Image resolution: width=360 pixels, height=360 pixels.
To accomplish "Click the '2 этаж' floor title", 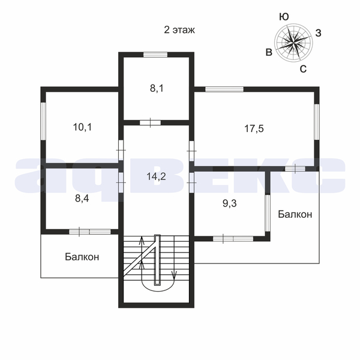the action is point(179,30).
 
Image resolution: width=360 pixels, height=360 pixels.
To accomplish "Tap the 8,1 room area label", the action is point(157,88).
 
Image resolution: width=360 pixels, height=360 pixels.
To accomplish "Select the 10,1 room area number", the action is point(82,127).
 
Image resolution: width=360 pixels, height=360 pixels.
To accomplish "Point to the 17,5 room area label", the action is point(254,128).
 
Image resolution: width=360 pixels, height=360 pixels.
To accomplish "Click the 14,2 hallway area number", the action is point(157,176).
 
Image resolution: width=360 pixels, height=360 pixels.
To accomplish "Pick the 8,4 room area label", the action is point(82,199).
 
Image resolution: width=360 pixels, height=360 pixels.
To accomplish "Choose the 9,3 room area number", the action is point(230,203).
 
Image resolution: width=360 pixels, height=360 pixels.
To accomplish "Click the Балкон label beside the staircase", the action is point(82,257).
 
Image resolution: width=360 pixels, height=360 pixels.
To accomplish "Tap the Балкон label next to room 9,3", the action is point(295,214).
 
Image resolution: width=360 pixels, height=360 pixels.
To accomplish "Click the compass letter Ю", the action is point(284,17).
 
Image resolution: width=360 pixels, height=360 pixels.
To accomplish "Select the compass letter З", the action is point(318,33).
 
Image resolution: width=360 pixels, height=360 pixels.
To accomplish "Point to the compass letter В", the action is point(269,52).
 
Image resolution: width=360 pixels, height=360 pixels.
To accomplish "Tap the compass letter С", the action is point(303,68).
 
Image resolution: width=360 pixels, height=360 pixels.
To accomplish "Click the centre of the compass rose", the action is point(293,43).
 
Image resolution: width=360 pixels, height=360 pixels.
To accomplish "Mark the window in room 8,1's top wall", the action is point(155,55).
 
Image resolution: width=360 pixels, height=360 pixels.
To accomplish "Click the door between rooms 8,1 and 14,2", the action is point(150,122).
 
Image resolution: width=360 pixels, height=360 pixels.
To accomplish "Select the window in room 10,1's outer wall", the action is point(43,121).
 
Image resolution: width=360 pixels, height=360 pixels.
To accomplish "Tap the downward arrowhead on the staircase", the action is point(174,275).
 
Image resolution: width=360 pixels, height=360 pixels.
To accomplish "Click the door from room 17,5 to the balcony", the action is point(295,169).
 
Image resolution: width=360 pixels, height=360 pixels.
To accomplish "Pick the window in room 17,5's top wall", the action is point(224,89).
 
